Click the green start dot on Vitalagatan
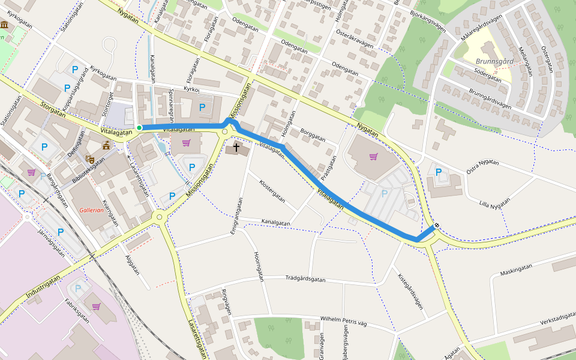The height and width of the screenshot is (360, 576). pos(139,127)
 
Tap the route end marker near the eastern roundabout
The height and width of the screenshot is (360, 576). pos(436,226)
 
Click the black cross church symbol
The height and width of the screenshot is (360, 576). pos(236,147)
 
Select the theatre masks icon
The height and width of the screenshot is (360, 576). pos(90,159)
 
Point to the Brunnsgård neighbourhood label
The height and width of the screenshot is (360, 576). pos(494,61)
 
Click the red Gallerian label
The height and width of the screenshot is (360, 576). pos(91,210)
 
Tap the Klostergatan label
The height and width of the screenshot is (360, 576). pos(272,190)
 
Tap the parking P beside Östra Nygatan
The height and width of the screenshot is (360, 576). pos(439,172)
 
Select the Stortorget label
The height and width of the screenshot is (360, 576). pos(108,102)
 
